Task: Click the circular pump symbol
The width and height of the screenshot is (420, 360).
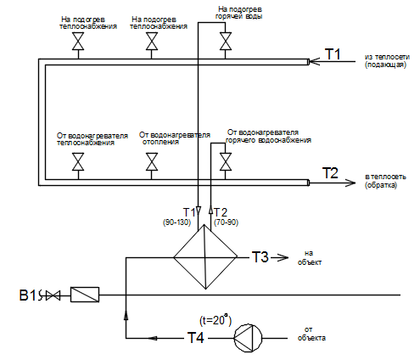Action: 248,338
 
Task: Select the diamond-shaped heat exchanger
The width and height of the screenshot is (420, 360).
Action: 205,257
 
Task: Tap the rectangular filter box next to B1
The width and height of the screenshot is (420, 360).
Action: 85,295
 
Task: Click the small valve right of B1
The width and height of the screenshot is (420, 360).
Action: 53,295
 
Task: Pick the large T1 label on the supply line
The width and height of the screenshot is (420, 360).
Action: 333,53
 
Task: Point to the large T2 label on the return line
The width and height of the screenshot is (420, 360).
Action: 330,172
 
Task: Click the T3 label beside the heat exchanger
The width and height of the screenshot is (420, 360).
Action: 260,257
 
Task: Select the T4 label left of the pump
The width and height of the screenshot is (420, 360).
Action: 195,337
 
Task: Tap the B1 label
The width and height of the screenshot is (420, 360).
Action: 27,295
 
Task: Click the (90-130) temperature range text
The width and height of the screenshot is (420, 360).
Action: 176,222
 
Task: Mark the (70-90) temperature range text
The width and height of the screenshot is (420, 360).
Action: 226,222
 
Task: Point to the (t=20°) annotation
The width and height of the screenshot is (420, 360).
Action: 216,319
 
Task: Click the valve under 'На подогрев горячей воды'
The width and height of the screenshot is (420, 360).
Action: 226,41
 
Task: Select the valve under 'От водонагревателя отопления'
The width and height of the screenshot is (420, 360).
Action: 152,161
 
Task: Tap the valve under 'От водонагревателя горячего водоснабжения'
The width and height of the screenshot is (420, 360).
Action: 226,161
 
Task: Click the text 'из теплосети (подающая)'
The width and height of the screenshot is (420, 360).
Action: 387,60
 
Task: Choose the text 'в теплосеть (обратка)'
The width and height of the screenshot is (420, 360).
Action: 385,181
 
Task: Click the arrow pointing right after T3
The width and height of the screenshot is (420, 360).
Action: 280,257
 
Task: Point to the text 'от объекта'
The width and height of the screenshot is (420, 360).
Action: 311,334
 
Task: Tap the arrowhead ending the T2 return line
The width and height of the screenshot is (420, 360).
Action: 351,183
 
